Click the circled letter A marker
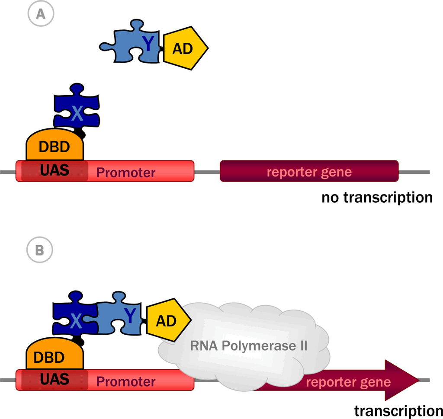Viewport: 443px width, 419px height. tap(40, 14)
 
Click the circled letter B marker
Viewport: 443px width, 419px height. tap(39, 250)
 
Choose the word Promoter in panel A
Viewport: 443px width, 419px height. tap(126, 173)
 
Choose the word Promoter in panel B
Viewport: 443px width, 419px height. tap(126, 382)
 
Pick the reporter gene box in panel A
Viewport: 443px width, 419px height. tap(309, 172)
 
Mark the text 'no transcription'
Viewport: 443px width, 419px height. tap(377, 198)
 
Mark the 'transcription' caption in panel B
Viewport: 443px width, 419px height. tap(398, 410)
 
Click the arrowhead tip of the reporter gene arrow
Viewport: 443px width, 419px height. tap(418, 381)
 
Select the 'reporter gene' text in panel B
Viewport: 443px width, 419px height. tap(348, 382)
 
